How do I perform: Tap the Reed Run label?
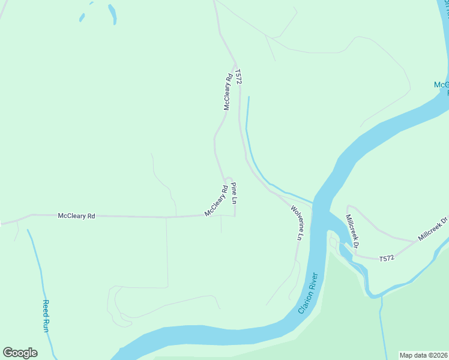45,316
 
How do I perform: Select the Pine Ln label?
235,192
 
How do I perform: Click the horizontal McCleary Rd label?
76,215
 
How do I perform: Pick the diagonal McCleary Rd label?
215,200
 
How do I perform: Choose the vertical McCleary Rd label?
228,92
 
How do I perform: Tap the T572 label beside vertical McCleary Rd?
238,77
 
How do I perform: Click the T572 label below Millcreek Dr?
387,258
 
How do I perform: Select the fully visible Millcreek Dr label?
352,231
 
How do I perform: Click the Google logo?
20,352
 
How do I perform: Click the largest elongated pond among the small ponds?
112,14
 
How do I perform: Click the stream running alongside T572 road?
248,138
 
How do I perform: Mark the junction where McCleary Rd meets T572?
236,62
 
